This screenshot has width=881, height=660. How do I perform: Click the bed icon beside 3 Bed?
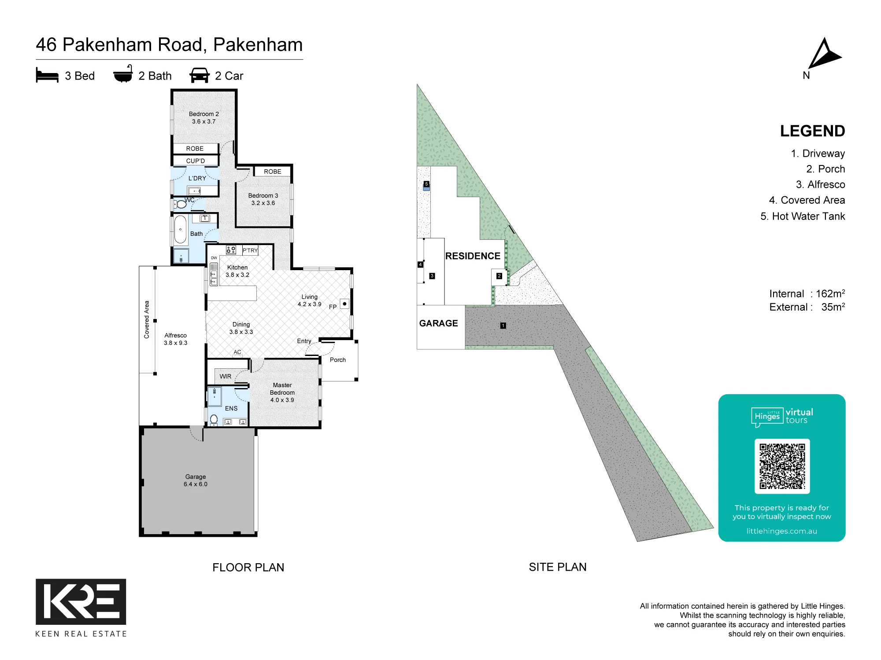pos(47,75)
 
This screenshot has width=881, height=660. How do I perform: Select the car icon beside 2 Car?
pos(200,75)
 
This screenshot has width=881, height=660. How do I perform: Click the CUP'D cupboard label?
pos(196,161)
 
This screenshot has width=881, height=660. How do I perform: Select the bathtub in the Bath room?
pos(181,229)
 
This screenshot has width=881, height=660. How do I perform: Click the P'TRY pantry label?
pos(250,250)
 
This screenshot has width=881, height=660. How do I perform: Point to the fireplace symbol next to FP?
pos(344,304)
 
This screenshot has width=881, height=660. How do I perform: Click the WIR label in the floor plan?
pos(226,376)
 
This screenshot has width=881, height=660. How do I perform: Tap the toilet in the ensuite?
pos(214,420)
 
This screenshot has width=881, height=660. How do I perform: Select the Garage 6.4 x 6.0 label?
pos(196,480)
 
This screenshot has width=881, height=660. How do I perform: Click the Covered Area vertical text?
pos(147,319)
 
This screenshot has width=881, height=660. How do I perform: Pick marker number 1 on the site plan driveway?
pos(503,326)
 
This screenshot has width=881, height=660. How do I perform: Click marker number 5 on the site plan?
pos(426,184)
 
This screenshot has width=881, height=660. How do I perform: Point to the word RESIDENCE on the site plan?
pos(473,256)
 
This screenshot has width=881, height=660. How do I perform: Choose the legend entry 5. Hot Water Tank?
pos(803,216)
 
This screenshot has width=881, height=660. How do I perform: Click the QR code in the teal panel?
pos(782,466)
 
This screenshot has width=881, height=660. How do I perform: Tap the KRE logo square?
pos(81,602)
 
